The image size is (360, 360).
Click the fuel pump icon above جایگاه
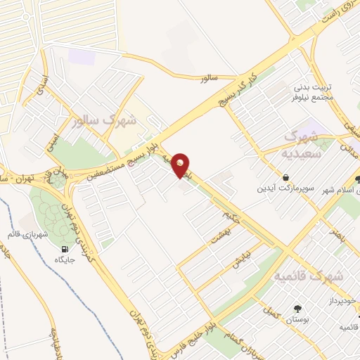(65, 249)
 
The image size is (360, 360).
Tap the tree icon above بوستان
(298, 308)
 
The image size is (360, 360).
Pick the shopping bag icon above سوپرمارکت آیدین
(286, 177)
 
